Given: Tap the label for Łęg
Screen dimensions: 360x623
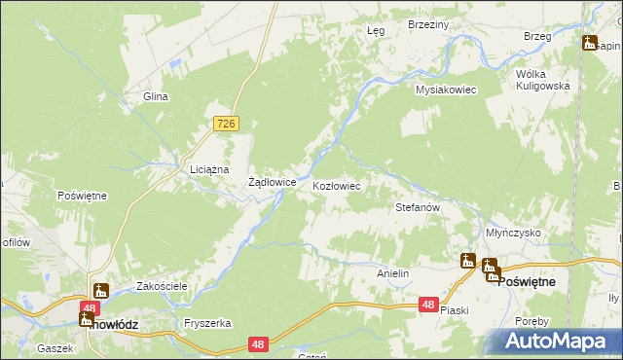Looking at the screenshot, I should (376, 31).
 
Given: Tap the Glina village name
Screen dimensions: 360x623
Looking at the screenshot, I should (157, 96).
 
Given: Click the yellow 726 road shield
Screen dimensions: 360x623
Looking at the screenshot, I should (226, 123).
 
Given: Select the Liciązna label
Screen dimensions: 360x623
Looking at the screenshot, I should (208, 169).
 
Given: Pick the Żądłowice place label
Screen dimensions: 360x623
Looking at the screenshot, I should (272, 182).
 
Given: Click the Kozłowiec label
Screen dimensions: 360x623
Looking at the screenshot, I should (337, 185).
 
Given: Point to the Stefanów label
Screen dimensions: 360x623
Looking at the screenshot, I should (419, 207).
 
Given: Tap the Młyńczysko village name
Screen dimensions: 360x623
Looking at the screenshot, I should (513, 234).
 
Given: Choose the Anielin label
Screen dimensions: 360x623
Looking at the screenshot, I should (392, 274).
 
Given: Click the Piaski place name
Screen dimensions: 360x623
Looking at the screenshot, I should (455, 310).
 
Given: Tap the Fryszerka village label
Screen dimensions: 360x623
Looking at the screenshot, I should (206, 322).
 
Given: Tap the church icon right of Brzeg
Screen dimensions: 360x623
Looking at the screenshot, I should (590, 42).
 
